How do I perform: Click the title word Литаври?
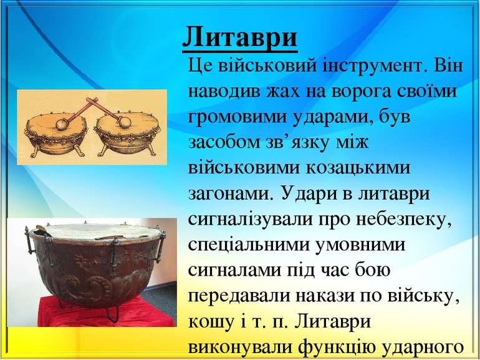pos(240,37)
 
